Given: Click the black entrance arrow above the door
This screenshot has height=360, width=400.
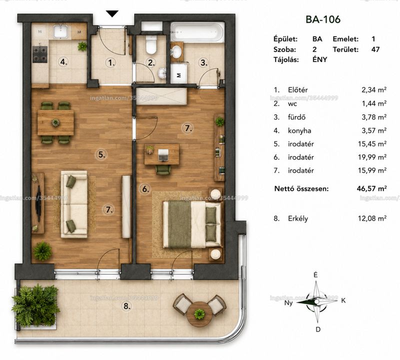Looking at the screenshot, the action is coord(112,14).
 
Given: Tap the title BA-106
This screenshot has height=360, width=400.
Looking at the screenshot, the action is coord(323,19).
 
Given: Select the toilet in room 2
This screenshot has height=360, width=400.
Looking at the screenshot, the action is coord(151,45).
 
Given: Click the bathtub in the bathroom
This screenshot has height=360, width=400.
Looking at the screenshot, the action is coord(197,32).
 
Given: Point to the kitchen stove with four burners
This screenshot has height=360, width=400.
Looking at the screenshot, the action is coord(40,54).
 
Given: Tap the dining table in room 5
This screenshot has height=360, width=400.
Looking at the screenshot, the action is coord(55,122).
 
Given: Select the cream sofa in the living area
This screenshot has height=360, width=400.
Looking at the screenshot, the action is coord(74,204).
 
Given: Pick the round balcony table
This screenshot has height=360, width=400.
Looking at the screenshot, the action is coord(199,314).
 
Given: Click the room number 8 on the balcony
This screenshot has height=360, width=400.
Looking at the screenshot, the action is coord(127,306).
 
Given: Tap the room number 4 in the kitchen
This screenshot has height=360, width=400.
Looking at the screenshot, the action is coord(64,61).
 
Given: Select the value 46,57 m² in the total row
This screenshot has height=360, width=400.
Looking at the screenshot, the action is coord(372,188).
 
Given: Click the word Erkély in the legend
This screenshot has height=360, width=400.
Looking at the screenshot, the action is coord(298,218).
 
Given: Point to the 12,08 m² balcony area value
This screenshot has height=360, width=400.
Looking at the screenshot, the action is coord(372,218).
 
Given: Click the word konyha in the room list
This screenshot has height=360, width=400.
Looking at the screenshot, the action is coord(299,131).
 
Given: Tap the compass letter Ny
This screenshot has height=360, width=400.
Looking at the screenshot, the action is coord(288,303).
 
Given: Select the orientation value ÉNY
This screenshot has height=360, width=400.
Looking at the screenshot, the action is coord(319,59).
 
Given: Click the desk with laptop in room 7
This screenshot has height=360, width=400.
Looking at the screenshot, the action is coord(161,154).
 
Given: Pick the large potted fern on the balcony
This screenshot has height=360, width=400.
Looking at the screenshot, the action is coord(35,304).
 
